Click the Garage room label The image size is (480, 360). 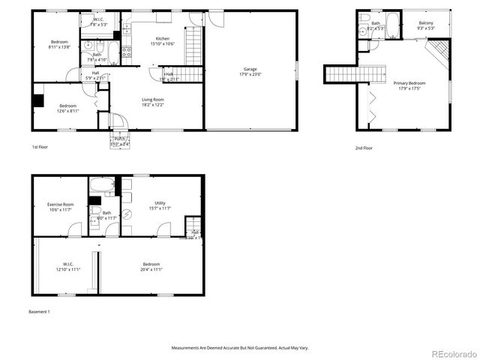(250, 69)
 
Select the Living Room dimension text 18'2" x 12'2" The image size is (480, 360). (153, 104)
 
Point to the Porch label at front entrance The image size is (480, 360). (119, 139)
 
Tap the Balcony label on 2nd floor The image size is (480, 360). (425, 23)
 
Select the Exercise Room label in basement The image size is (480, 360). (60, 204)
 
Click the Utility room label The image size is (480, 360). (160, 202)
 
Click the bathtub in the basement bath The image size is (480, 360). (100, 184)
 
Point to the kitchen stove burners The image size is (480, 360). (126, 52)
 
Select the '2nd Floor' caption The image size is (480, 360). (364, 148)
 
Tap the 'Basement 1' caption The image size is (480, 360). (39, 311)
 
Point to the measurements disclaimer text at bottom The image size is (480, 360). (240, 348)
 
